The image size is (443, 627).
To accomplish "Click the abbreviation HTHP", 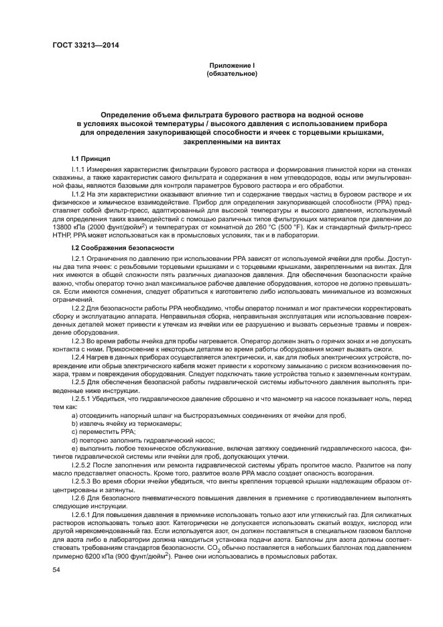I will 64,236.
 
